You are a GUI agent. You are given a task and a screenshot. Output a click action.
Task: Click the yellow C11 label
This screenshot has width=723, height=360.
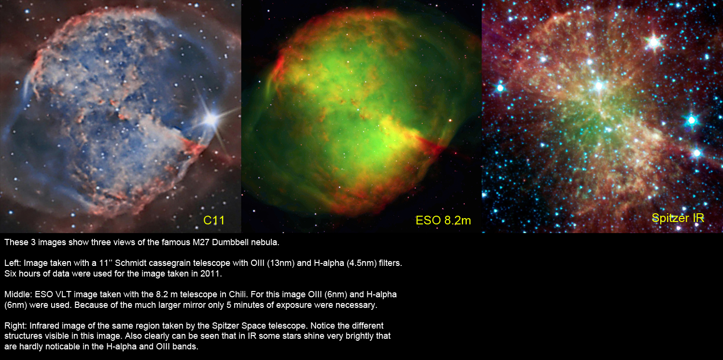click(x=214, y=221)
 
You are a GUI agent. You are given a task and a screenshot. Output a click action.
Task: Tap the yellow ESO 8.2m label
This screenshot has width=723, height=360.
click(x=443, y=221)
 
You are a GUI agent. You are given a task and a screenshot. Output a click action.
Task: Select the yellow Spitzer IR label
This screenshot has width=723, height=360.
click(x=678, y=218)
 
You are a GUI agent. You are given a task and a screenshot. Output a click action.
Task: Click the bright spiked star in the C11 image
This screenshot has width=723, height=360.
click(x=211, y=119)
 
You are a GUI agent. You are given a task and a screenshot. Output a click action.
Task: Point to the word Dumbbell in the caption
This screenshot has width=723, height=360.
click(x=230, y=242)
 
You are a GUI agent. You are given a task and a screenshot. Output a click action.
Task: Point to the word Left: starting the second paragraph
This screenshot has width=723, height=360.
click(x=13, y=263)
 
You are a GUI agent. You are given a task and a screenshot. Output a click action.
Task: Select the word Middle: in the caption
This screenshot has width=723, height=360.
click(x=18, y=294)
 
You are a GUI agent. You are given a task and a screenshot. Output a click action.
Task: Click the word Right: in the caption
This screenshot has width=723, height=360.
click(x=16, y=326)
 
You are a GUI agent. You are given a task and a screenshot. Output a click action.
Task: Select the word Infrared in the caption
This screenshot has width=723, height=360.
click(x=44, y=326)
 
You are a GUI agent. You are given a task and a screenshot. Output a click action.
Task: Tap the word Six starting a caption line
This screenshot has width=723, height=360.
click(x=10, y=274)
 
